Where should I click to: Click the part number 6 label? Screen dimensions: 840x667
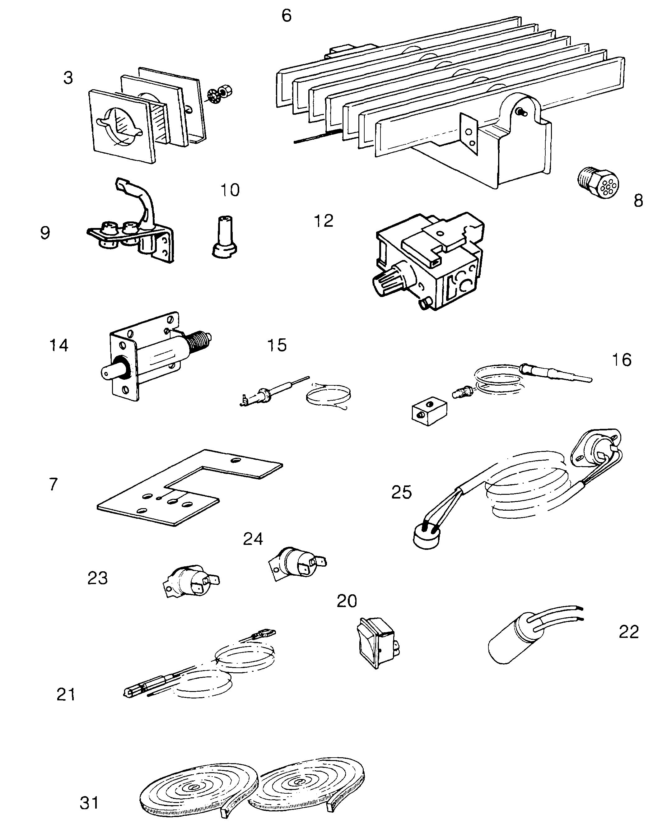[286, 16]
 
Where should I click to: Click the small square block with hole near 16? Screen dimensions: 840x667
[429, 413]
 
